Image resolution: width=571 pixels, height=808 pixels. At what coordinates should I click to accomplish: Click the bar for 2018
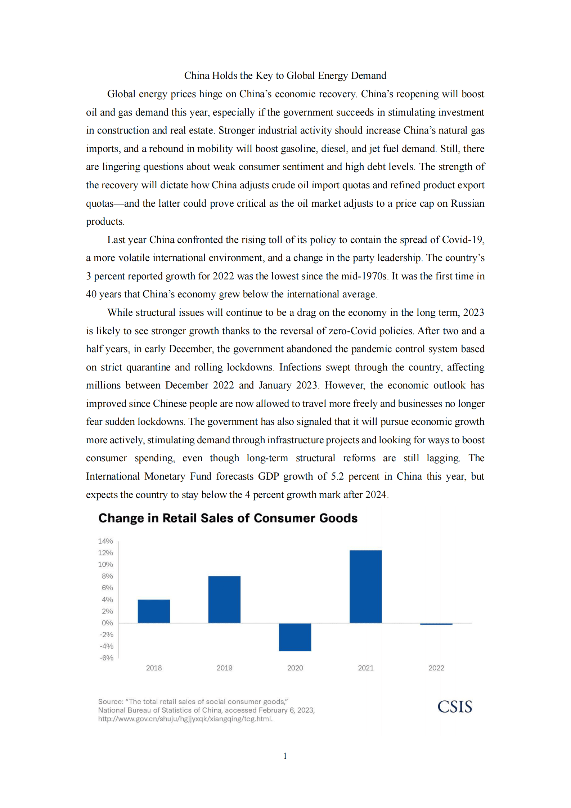pyautogui.click(x=154, y=611)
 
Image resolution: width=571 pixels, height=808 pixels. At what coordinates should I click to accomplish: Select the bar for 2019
pyautogui.click(x=224, y=599)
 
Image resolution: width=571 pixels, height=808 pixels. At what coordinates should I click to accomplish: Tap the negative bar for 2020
pyautogui.click(x=295, y=637)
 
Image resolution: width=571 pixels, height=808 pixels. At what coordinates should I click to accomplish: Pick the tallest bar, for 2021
pyautogui.click(x=365, y=586)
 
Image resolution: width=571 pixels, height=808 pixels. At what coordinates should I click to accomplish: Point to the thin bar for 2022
pyautogui.click(x=436, y=624)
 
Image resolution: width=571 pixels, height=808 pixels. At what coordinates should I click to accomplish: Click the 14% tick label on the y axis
pyautogui.click(x=105, y=541)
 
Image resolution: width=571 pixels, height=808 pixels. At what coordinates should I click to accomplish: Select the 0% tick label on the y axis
pyautogui.click(x=107, y=623)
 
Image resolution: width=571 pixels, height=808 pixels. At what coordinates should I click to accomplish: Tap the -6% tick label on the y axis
pyautogui.click(x=107, y=657)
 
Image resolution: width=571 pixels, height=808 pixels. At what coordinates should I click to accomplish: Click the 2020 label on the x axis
pyautogui.click(x=295, y=668)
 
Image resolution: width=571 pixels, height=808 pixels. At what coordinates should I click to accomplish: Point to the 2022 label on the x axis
pyautogui.click(x=436, y=668)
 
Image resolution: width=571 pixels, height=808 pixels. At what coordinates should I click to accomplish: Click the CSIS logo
pyautogui.click(x=454, y=706)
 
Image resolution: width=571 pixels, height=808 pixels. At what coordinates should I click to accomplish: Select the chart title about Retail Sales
pyautogui.click(x=228, y=518)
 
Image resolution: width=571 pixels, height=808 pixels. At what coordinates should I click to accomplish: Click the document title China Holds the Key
pyautogui.click(x=285, y=76)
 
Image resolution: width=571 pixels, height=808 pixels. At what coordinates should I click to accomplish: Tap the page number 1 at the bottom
pyautogui.click(x=285, y=755)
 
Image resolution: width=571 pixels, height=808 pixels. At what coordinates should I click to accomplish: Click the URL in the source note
pyautogui.click(x=185, y=719)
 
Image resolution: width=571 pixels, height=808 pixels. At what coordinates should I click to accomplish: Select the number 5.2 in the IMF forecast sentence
pyautogui.click(x=337, y=476)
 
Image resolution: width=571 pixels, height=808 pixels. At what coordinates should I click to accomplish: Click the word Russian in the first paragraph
pyautogui.click(x=467, y=203)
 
